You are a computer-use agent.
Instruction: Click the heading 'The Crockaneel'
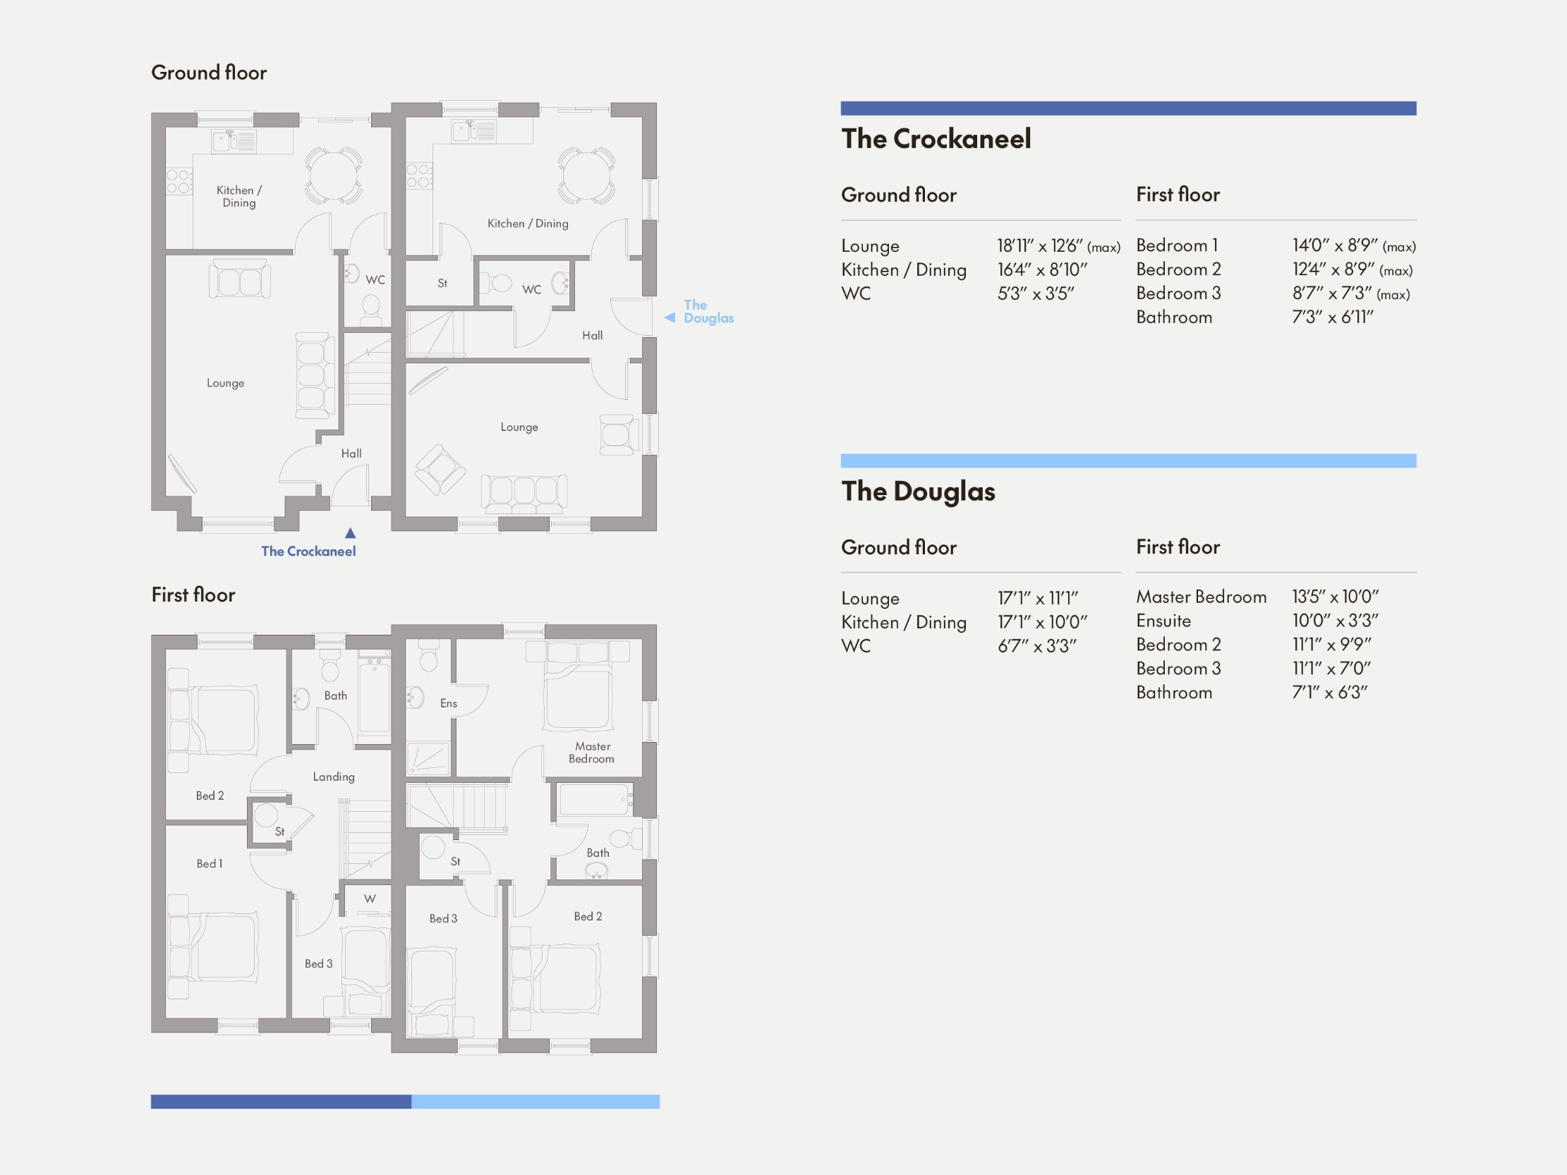pyautogui.click(x=936, y=139)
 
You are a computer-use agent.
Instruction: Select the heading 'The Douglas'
pyautogui.click(x=918, y=491)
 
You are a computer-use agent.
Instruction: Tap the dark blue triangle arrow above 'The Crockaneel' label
pyautogui.click(x=350, y=532)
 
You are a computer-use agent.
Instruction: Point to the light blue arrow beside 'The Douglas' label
pyautogui.click(x=670, y=318)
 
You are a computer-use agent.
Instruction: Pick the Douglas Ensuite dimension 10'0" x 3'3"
pyautogui.click(x=1335, y=621)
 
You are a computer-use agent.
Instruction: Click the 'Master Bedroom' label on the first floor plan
pyautogui.click(x=591, y=752)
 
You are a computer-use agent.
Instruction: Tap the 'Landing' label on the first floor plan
pyautogui.click(x=334, y=777)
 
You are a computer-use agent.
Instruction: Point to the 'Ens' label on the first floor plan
pyautogui.click(x=449, y=703)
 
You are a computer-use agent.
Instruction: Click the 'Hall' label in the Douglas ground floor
pyautogui.click(x=592, y=335)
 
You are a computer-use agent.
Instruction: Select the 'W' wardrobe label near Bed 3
pyautogui.click(x=370, y=899)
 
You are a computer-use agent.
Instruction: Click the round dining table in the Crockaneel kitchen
pyautogui.click(x=334, y=174)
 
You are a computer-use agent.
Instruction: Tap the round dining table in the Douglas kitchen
pyautogui.click(x=586, y=174)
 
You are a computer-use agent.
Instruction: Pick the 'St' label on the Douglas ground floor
pyautogui.click(x=442, y=284)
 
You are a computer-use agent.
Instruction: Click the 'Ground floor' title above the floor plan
pyautogui.click(x=209, y=72)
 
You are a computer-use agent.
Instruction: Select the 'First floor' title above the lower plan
pyautogui.click(x=193, y=595)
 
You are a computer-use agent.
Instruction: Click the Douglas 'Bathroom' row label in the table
pyautogui.click(x=1174, y=692)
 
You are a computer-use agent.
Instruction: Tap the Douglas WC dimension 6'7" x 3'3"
pyautogui.click(x=1036, y=646)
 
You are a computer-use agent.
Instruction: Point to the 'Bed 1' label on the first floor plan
pyautogui.click(x=209, y=863)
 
